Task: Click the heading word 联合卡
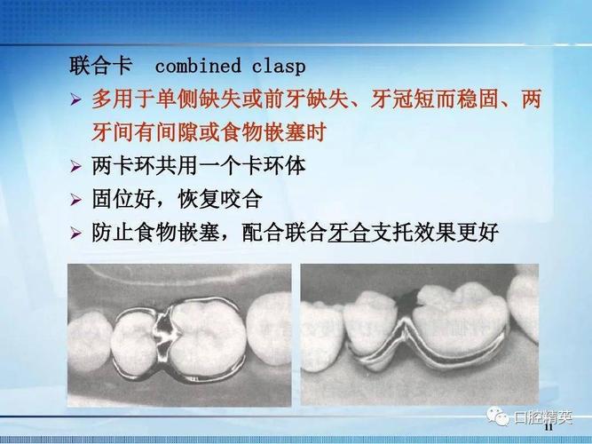point(101,66)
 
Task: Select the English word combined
point(198,66)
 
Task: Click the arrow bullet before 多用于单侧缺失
point(75,99)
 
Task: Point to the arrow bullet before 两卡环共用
point(75,166)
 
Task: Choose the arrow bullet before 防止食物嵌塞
point(75,234)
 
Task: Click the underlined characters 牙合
point(348,234)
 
